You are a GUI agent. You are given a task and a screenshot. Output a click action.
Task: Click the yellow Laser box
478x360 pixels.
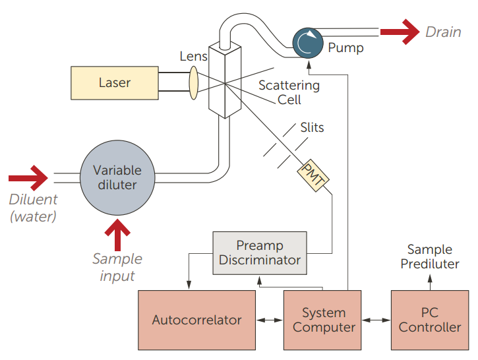114,83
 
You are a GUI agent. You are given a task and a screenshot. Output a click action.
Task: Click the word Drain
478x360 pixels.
443,32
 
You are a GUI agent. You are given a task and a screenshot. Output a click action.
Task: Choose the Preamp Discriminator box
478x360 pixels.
260,253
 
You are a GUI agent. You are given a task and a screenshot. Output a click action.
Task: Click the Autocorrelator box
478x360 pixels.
196,320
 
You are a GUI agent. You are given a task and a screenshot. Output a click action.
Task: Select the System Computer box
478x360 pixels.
324,320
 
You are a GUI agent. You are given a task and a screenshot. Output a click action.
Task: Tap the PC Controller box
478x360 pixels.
430,320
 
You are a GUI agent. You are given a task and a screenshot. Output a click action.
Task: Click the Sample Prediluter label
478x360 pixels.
430,256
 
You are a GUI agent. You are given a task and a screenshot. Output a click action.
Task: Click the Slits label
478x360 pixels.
312,127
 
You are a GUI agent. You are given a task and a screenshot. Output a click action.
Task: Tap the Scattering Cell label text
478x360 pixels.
289,92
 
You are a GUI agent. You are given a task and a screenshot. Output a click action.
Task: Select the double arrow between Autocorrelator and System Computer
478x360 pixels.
270,320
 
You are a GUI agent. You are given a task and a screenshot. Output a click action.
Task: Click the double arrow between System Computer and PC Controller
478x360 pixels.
377,320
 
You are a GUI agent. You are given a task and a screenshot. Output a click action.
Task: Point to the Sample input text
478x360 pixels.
117,267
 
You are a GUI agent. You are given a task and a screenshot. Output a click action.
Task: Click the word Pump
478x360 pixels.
345,47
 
